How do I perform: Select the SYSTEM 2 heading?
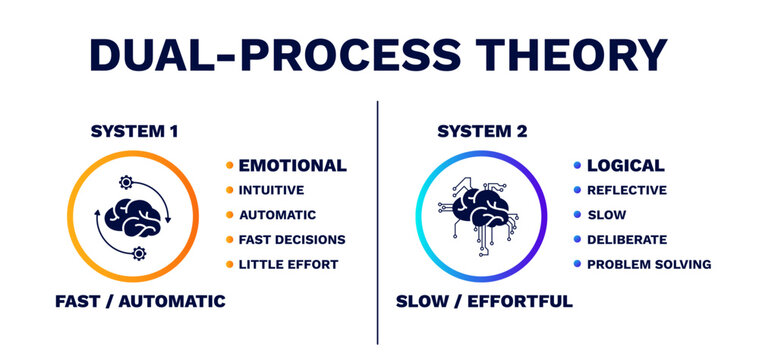point(481,131)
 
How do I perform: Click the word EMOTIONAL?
point(292,166)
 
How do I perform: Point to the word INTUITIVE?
point(271,190)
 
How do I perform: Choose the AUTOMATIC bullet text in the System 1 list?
point(277,215)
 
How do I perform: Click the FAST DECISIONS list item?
point(291,240)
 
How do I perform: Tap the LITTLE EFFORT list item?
point(288,265)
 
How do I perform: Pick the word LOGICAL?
point(625,166)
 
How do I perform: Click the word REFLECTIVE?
point(626,190)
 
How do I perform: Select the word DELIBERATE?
point(626,240)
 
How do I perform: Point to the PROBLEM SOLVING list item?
point(648,265)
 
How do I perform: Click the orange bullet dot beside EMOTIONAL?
point(229,166)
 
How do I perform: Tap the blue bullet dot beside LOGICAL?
point(577,166)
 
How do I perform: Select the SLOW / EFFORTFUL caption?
point(484,301)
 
